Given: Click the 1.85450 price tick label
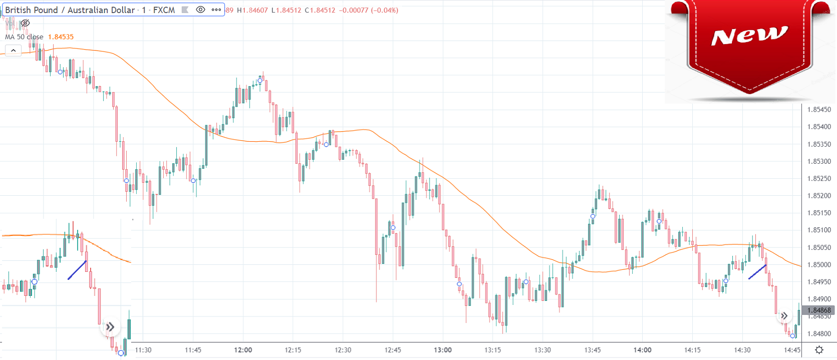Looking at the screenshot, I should pyautogui.click(x=819, y=110).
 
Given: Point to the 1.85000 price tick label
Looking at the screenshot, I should pyautogui.click(x=819, y=265).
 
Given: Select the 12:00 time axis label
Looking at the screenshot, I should pyautogui.click(x=243, y=350).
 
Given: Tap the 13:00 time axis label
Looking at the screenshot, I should pyautogui.click(x=443, y=350).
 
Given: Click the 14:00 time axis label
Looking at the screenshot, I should pyautogui.click(x=642, y=350).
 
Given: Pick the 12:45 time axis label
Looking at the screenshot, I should pyautogui.click(x=392, y=350).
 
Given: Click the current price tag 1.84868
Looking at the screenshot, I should pyautogui.click(x=819, y=310).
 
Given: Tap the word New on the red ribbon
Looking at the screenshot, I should pyautogui.click(x=749, y=36).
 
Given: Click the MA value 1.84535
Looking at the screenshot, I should pyautogui.click(x=61, y=37).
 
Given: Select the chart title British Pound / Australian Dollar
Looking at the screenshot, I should pyautogui.click(x=70, y=10).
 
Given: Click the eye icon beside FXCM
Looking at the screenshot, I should pyautogui.click(x=200, y=10).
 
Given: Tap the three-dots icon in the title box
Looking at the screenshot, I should pyautogui.click(x=216, y=10).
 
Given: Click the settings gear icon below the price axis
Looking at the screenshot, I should pyautogui.click(x=819, y=350).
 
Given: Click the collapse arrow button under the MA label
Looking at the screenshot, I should pyautogui.click(x=13, y=51).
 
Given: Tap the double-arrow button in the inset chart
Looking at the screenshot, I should pyautogui.click(x=110, y=327).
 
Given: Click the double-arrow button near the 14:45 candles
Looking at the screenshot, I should pyautogui.click(x=784, y=316).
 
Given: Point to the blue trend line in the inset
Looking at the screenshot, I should pyautogui.click(x=77, y=270).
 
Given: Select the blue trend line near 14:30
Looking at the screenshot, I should pyautogui.click(x=757, y=272).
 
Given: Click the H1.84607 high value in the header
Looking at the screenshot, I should pyautogui.click(x=253, y=10).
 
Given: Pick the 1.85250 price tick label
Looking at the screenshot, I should pyautogui.click(x=819, y=179).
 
